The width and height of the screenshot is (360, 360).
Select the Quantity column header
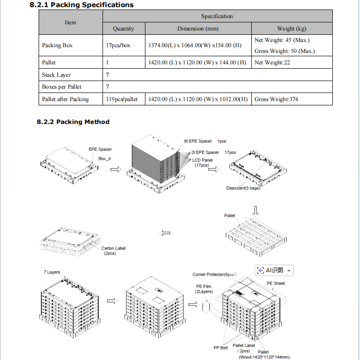(123, 29)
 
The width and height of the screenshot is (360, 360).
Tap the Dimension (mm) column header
(198, 29)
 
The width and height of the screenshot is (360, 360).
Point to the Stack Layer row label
(56, 75)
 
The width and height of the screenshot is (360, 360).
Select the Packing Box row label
(57, 46)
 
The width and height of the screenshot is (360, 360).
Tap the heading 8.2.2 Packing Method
(73, 122)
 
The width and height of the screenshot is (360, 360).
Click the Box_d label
(104, 158)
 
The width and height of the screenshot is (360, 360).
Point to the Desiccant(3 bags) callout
(243, 188)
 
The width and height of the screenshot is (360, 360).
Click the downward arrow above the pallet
(256, 210)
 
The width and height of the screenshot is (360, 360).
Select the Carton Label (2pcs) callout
(113, 251)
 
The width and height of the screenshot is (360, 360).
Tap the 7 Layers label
(52, 272)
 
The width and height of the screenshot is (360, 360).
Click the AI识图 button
(274, 270)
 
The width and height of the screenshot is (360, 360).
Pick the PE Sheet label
(276, 283)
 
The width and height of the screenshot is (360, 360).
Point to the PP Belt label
(221, 348)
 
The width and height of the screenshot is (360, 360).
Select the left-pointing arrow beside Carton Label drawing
(165, 233)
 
